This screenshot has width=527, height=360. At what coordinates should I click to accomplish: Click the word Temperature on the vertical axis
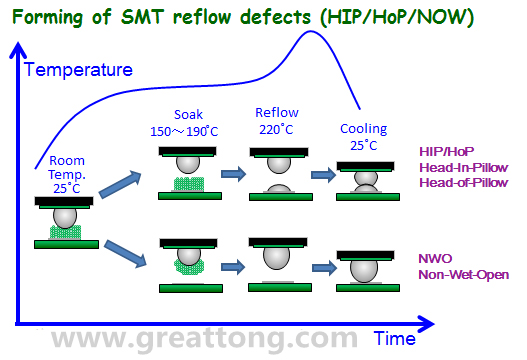tap(78, 70)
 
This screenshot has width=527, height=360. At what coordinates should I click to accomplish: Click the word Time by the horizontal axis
tap(395, 338)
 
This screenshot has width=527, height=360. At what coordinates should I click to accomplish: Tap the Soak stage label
tap(188, 115)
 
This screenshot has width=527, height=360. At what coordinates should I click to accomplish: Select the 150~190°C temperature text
tap(184, 131)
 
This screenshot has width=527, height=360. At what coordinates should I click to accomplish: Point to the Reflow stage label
tap(277, 113)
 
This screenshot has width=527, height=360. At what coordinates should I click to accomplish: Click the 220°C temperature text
tap(276, 129)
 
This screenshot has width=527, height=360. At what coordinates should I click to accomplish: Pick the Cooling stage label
tap(364, 129)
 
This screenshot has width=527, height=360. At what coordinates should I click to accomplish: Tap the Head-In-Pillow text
tap(464, 167)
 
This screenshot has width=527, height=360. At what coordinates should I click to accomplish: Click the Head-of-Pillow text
tap(464, 183)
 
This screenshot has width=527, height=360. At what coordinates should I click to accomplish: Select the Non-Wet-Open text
tap(464, 275)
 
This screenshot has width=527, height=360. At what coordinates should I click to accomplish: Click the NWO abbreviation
tap(435, 258)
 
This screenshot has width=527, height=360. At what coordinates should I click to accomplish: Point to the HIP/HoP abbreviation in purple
tap(447, 152)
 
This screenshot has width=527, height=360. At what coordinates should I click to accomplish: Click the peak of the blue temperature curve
tap(310, 32)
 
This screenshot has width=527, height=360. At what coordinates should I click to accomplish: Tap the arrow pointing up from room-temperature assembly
tap(120, 184)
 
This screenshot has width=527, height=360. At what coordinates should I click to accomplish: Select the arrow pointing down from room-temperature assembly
tap(125, 254)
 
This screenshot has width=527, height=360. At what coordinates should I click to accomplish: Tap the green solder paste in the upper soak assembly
tap(189, 184)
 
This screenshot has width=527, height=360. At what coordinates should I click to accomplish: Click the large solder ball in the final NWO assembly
tap(364, 271)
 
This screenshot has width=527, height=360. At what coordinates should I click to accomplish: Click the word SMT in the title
tap(143, 17)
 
